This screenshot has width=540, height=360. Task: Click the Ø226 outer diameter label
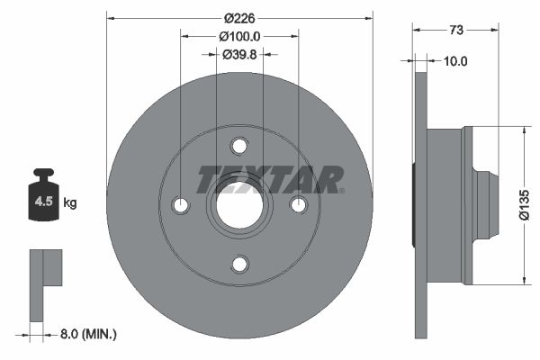(x=239, y=18)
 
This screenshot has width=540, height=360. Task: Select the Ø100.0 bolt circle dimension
(x=239, y=37)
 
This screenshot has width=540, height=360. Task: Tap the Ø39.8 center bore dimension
(x=239, y=55)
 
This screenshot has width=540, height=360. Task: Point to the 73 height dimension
(x=455, y=30)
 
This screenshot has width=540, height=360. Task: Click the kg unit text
(x=70, y=203)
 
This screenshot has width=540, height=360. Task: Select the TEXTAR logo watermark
(x=270, y=180)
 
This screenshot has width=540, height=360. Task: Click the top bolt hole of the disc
(x=239, y=146)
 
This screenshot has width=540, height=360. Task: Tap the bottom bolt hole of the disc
(x=239, y=264)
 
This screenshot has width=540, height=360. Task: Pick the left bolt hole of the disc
(x=181, y=205)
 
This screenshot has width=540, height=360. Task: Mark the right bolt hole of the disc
(x=298, y=205)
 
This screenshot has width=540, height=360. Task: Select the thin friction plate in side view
(x=419, y=205)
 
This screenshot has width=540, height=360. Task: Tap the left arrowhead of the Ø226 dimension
(x=111, y=18)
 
